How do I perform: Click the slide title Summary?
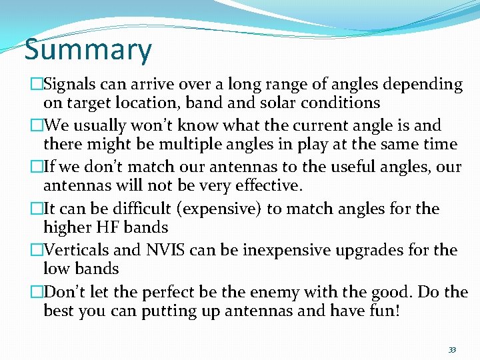pyautogui.click(x=88, y=51)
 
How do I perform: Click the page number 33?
pyautogui.click(x=452, y=350)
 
